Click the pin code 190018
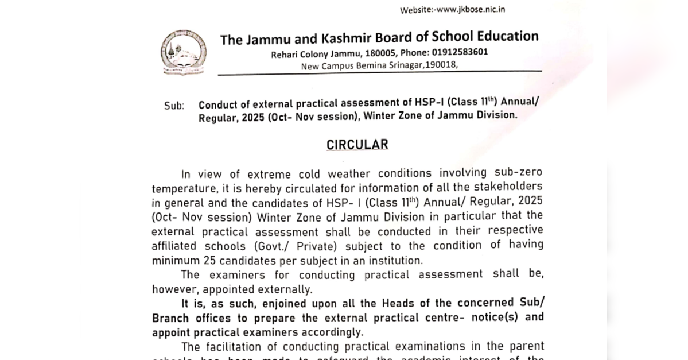point(440,65)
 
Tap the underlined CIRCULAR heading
point(357,145)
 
